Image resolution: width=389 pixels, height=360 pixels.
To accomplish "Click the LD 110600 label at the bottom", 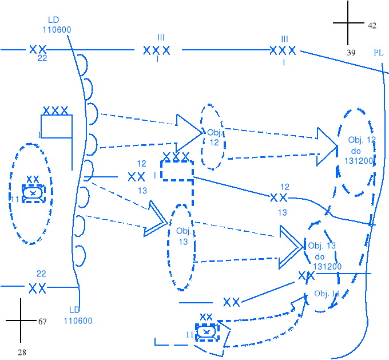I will point(78,316).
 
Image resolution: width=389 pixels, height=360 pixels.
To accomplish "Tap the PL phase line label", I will point(379,53).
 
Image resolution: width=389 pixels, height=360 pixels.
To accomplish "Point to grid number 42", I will point(372,26).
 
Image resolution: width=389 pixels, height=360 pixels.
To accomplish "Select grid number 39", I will point(351,53).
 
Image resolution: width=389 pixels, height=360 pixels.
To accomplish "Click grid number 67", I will point(42,322).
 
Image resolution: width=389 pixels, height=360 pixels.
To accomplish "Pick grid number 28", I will point(22,353).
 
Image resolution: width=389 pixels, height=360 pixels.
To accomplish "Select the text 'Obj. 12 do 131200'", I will point(360,150).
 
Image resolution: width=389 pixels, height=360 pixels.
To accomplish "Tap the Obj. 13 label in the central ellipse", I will point(184,236).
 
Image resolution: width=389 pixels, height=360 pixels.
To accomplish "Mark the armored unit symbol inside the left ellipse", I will point(33,193).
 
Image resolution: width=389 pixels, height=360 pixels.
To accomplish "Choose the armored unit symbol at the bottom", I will point(207,331).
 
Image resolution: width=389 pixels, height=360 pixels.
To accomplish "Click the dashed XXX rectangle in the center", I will point(177,171).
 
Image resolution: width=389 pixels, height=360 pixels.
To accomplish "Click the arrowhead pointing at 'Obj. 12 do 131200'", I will point(328,144).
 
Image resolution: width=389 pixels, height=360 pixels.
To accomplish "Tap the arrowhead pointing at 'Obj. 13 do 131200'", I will point(292,247).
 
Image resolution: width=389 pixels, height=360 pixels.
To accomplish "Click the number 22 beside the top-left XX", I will point(42,58).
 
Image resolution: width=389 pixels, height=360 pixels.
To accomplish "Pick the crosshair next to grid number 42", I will point(348,23).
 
